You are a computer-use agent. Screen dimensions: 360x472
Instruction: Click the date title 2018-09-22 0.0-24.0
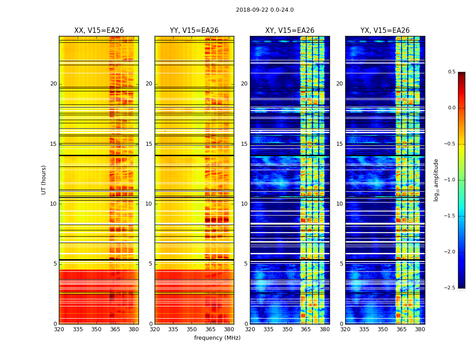[x=264, y=10]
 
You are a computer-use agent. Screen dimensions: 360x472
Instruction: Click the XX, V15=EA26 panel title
[x=99, y=31]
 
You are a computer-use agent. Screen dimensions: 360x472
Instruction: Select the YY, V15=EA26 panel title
[x=194, y=31]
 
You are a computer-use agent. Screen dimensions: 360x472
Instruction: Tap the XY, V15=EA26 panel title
[x=290, y=31]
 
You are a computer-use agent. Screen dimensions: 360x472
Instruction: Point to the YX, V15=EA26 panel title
[x=385, y=31]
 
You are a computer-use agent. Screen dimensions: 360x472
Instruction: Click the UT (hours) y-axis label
[x=44, y=180]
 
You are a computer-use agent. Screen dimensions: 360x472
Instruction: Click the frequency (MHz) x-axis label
[x=217, y=338]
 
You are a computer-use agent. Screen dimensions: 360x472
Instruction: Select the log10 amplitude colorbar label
[x=436, y=180]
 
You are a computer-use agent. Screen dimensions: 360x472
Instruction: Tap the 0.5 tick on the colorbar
[x=451, y=72]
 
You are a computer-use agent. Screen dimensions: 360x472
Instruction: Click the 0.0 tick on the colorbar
[x=451, y=108]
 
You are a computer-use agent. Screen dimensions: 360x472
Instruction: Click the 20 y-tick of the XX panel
[x=53, y=84]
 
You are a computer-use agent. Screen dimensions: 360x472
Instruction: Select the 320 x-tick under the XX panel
[x=59, y=329]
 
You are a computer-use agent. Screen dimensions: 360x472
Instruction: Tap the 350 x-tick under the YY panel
[x=192, y=329]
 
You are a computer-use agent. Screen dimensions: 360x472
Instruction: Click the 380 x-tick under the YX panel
[x=420, y=329]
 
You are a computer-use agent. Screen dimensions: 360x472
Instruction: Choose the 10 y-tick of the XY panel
[x=244, y=204]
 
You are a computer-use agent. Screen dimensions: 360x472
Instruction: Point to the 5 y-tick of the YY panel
[x=150, y=264]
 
